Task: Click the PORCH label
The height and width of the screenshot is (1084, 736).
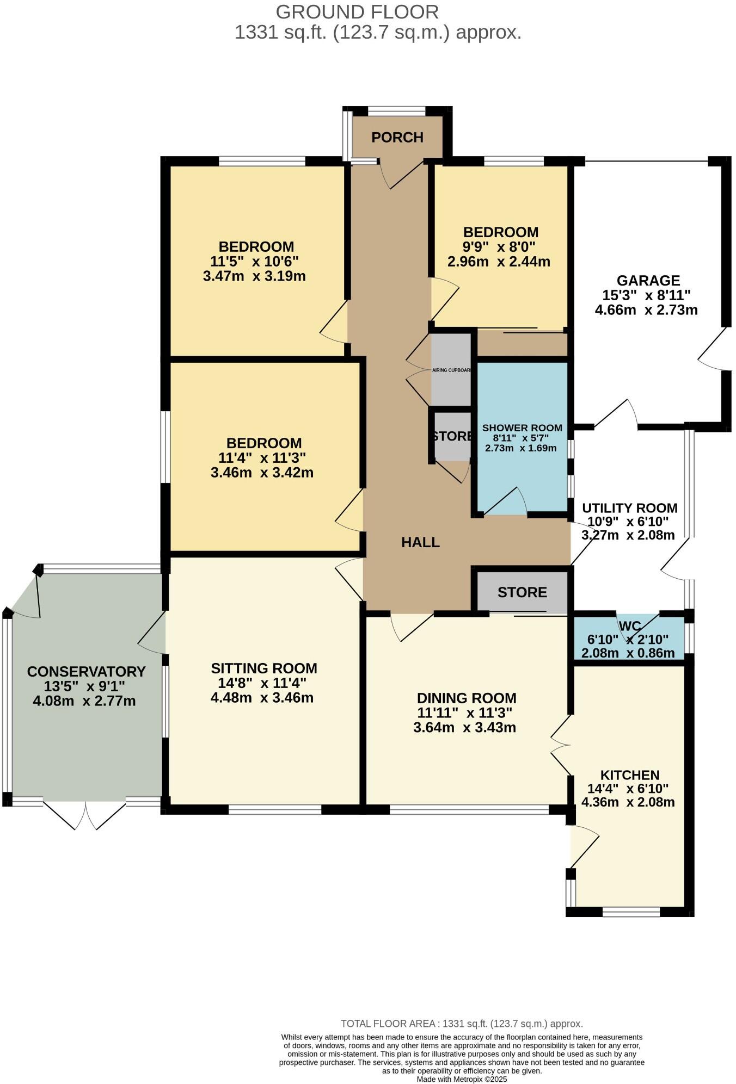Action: click(397, 138)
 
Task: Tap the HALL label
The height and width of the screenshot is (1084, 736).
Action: click(420, 542)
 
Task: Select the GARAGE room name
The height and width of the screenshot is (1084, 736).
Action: click(648, 281)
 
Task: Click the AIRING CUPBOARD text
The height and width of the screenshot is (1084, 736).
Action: click(451, 370)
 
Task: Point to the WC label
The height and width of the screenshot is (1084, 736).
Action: click(629, 625)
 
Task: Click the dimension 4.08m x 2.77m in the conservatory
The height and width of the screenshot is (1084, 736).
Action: click(84, 701)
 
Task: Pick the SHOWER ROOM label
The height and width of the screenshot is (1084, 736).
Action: click(522, 428)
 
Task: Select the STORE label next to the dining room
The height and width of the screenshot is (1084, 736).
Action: click(522, 592)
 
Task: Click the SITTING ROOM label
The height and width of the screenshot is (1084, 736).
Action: click(263, 668)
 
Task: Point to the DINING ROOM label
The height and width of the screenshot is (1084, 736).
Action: click(466, 698)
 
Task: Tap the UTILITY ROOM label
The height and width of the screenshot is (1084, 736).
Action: click(629, 508)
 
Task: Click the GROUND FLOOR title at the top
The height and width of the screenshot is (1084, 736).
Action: click(357, 12)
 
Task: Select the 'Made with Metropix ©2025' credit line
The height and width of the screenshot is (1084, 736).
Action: click(462, 1079)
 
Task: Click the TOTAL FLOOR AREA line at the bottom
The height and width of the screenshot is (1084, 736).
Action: click(462, 1024)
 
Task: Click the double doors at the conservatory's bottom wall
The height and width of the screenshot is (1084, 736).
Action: click(85, 814)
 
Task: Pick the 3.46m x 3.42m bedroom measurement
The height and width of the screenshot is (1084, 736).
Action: click(262, 473)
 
